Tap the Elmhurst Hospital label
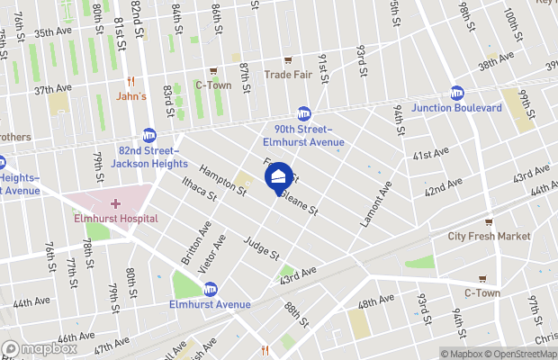[116, 219]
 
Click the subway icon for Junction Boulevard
[457, 93]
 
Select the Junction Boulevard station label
[456, 108]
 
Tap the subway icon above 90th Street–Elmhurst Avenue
[303, 113]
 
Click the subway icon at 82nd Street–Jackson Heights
[148, 135]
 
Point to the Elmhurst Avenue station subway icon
[210, 289]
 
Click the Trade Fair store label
[287, 75]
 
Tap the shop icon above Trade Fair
[287, 59]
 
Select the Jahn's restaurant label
[131, 96]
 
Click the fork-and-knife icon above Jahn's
[131, 80]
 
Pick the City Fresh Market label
[489, 237]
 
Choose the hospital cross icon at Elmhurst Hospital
[115, 204]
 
